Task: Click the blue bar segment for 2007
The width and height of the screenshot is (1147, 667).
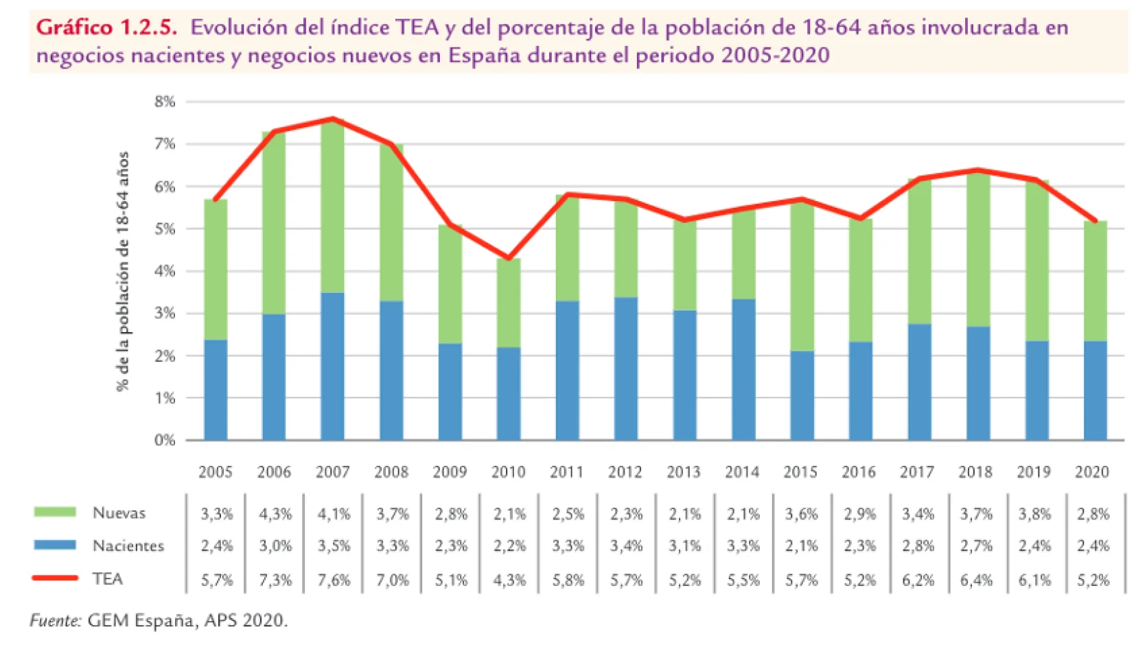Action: [332, 366]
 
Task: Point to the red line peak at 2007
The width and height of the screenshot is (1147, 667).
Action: [332, 119]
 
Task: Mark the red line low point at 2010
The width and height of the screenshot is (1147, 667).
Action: [509, 259]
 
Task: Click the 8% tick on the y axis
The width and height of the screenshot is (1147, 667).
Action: [165, 102]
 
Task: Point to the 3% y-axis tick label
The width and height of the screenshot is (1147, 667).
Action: [165, 314]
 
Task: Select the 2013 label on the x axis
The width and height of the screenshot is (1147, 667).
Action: [684, 472]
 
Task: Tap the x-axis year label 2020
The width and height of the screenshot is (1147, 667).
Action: [1092, 472]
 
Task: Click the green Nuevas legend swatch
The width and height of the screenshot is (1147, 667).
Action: [55, 512]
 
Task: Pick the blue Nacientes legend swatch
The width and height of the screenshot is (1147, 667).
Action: [55, 545]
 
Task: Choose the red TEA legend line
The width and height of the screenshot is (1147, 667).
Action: [55, 578]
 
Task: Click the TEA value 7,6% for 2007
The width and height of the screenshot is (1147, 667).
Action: [334, 580]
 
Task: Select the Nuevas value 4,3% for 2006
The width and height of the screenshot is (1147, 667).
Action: [275, 514]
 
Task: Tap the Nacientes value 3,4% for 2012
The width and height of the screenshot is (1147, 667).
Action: [627, 546]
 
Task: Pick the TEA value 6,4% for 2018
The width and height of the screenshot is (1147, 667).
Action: [976, 580]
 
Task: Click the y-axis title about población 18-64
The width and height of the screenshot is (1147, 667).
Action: [123, 271]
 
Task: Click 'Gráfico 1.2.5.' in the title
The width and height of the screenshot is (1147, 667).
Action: [106, 27]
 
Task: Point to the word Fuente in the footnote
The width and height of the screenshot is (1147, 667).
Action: [55, 620]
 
